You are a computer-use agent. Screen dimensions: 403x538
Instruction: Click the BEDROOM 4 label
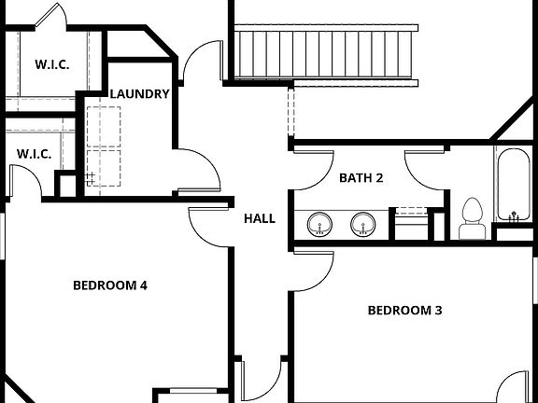click(110, 285)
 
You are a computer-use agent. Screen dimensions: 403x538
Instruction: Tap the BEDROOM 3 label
click(403, 310)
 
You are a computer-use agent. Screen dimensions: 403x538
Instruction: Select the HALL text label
click(260, 218)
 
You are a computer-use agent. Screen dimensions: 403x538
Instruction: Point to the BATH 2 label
click(361, 177)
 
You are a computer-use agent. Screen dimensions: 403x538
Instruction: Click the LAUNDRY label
click(139, 93)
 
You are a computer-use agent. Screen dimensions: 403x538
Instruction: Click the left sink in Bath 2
click(320, 225)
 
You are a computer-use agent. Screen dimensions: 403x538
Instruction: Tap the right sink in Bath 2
click(362, 225)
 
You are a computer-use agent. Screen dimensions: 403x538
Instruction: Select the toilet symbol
click(472, 215)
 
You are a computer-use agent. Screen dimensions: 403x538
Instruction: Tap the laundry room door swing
click(198, 170)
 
